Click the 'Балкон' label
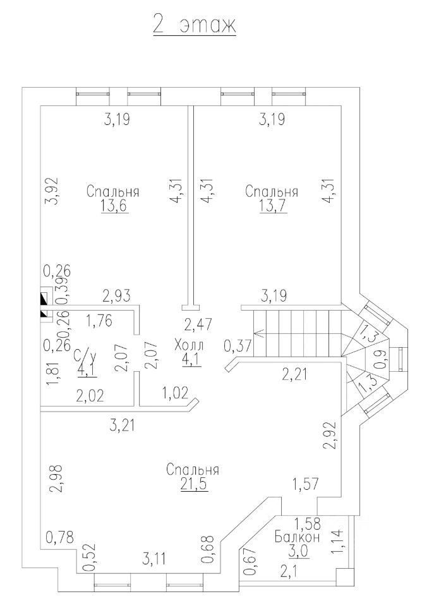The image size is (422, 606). (x=297, y=537)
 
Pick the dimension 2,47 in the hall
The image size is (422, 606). (x=198, y=324)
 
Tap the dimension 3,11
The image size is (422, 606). (x=155, y=558)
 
